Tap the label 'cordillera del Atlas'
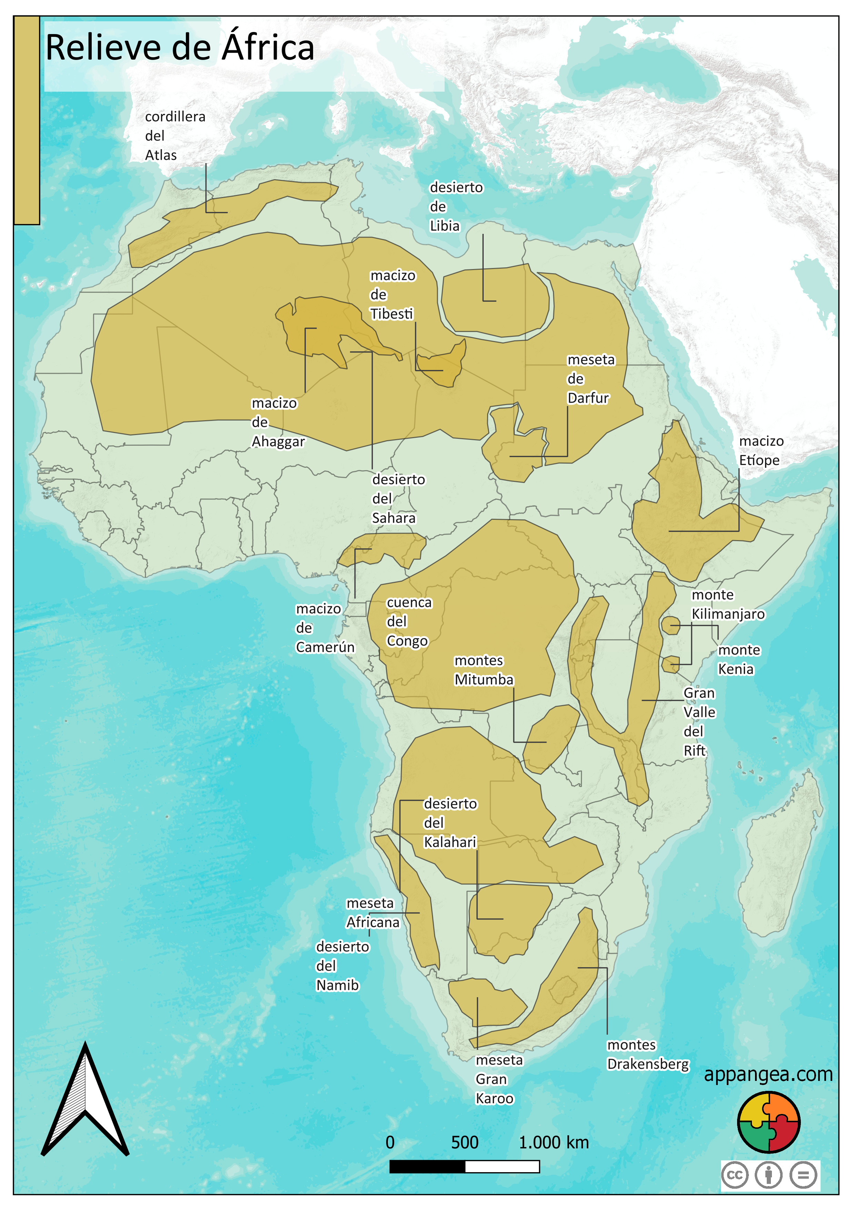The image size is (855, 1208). (175, 136)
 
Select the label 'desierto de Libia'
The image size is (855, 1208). (455, 206)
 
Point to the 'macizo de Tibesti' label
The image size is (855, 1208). (392, 295)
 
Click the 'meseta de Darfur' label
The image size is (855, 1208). (590, 379)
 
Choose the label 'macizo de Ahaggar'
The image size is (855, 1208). (278, 423)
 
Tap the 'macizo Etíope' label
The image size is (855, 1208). (761, 451)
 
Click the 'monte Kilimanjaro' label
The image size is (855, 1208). (727, 605)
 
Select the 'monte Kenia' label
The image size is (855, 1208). (739, 660)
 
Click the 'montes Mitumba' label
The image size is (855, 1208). (483, 670)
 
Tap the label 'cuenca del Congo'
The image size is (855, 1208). (409, 622)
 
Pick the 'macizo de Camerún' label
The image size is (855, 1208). (324, 628)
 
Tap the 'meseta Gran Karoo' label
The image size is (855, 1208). (498, 1079)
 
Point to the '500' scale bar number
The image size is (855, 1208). (464, 1142)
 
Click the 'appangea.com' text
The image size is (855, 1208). (768, 1074)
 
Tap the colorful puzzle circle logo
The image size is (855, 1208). (768, 1122)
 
